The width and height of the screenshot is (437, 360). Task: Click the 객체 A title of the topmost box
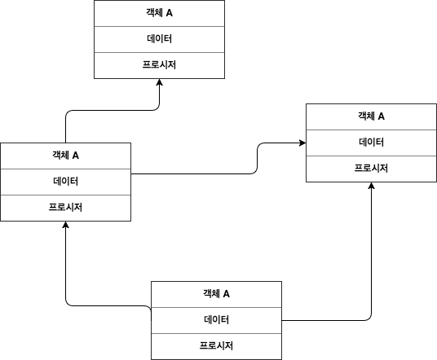pyautogui.click(x=159, y=13)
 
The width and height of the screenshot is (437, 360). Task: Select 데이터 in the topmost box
pyautogui.click(x=159, y=39)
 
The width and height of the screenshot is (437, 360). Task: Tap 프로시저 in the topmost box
pyautogui.click(x=159, y=64)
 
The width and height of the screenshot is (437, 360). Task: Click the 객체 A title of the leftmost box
pyautogui.click(x=65, y=156)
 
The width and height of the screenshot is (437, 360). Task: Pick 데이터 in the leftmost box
pyautogui.click(x=65, y=182)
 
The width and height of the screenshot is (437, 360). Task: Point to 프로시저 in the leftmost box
pyautogui.click(x=65, y=207)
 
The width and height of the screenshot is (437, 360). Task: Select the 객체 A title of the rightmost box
pyautogui.click(x=371, y=116)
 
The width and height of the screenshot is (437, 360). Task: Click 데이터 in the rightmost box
pyautogui.click(x=371, y=142)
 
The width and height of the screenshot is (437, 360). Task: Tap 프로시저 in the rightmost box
pyautogui.click(x=371, y=168)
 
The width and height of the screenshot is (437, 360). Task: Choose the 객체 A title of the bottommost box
pyautogui.click(x=216, y=294)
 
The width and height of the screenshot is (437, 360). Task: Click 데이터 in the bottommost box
pyautogui.click(x=216, y=319)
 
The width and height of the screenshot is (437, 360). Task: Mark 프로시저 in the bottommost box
pyautogui.click(x=216, y=345)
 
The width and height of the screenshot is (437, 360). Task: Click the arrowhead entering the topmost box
pyautogui.click(x=160, y=82)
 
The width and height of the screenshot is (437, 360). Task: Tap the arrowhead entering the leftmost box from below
pyautogui.click(x=65, y=225)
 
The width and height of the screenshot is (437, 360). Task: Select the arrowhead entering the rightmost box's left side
pyautogui.click(x=302, y=143)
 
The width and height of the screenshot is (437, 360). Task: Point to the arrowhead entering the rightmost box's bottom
pyautogui.click(x=371, y=186)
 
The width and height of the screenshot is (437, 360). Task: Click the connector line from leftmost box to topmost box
pyautogui.click(x=113, y=110)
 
